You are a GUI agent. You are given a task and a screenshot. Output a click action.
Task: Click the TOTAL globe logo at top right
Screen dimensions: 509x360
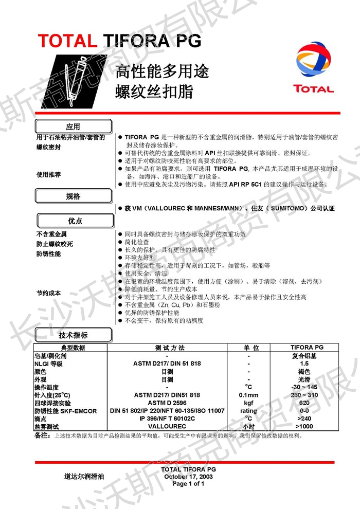click(x=313, y=60)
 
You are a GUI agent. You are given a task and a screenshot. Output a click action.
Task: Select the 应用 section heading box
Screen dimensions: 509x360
click(x=74, y=126)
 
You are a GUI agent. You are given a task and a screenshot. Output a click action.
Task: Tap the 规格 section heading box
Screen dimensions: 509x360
click(x=74, y=196)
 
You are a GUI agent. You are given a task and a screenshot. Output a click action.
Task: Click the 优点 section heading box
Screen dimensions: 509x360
click(x=74, y=221)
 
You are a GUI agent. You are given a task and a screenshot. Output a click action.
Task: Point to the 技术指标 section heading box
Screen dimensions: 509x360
click(x=73, y=336)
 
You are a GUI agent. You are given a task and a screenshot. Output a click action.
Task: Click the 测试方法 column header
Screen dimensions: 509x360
click(x=167, y=348)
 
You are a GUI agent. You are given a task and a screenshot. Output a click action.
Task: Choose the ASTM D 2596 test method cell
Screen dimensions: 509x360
click(x=167, y=403)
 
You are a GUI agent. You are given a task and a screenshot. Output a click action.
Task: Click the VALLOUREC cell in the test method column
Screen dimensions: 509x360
click(x=167, y=427)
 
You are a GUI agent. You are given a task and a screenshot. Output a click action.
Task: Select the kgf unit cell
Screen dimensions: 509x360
click(x=248, y=403)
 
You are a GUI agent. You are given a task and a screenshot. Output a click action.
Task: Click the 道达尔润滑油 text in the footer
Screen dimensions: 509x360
click(x=84, y=477)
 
